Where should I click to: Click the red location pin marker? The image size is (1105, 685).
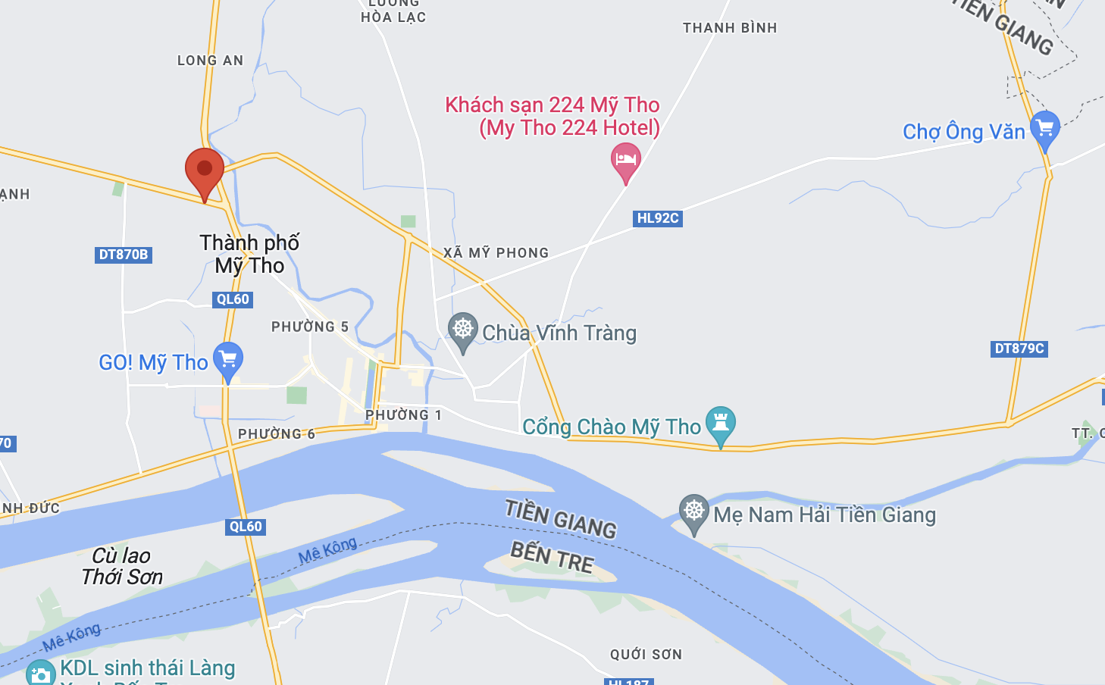point(205,170)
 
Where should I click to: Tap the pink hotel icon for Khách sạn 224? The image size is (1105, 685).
point(625,161)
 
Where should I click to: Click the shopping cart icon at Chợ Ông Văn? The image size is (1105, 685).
point(1045,129)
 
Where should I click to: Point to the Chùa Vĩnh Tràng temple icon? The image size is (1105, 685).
point(462,330)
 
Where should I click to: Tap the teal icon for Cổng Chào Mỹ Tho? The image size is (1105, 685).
point(720,424)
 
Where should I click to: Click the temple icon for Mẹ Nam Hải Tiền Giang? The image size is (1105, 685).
point(693,511)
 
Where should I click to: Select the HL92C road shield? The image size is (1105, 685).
point(657,218)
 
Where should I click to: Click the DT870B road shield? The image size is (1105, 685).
point(124,255)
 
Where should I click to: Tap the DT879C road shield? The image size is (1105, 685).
point(1019,349)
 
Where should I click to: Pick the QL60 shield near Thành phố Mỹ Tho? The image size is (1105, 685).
point(233,299)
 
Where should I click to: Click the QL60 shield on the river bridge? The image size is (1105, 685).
point(246,527)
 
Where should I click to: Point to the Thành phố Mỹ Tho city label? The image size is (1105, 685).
point(249,254)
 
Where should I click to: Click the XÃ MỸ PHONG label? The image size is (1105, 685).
point(496,253)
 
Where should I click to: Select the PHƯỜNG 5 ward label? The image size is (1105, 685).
point(310,327)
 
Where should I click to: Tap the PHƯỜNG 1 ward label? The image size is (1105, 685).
point(403,415)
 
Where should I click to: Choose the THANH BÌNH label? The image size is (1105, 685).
point(730,28)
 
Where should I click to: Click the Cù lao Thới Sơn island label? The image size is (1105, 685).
point(122,566)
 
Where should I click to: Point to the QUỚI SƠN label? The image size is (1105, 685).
point(646,654)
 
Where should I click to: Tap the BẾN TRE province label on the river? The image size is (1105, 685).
point(552,557)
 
